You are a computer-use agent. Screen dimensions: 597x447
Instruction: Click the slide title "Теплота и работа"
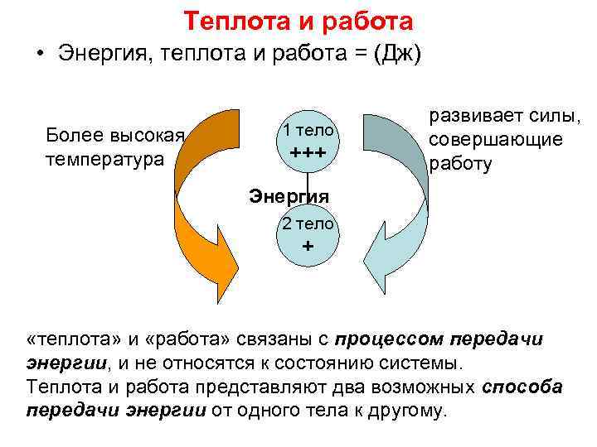pyautogui.click(x=298, y=20)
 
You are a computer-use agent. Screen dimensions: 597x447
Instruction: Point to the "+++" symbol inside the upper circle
pyautogui.click(x=308, y=154)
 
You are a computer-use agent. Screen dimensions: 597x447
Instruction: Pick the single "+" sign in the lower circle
pyautogui.click(x=308, y=247)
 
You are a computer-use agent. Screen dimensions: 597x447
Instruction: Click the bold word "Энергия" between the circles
pyautogui.click(x=289, y=197)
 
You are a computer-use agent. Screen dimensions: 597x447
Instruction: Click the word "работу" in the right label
pyautogui.click(x=460, y=163)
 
